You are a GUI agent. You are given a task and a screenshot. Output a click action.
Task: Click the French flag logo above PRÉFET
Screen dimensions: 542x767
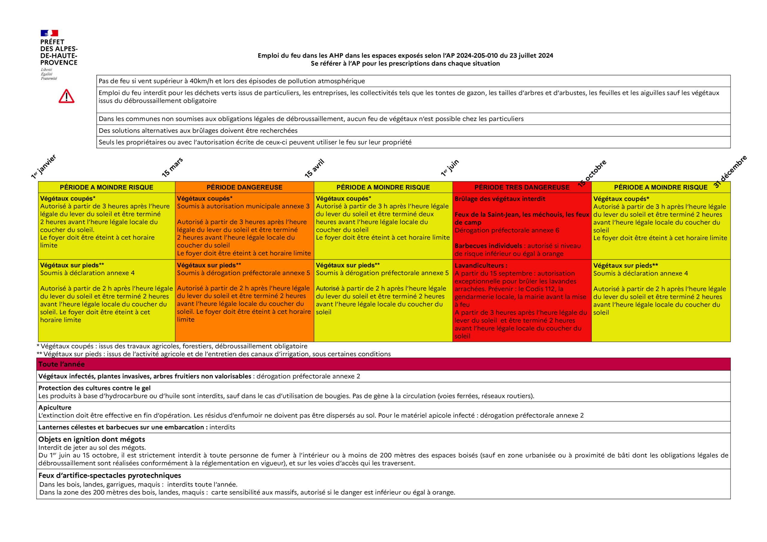[49, 33]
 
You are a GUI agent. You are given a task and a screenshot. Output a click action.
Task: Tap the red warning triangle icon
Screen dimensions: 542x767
[67, 96]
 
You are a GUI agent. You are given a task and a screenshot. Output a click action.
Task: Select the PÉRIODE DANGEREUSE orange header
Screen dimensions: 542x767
[244, 187]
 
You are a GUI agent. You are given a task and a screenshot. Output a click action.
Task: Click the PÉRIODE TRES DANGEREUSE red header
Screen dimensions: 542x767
[522, 187]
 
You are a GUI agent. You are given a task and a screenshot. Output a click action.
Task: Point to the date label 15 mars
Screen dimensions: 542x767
[172, 167]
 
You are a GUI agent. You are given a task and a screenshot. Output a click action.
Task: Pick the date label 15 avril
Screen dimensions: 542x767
[314, 168]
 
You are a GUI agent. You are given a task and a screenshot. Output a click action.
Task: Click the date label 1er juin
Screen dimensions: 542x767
[450, 168]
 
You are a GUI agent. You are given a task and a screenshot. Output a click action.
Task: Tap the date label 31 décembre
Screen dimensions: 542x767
[730, 171]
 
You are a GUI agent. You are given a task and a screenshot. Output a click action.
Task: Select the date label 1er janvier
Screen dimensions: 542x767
[43, 166]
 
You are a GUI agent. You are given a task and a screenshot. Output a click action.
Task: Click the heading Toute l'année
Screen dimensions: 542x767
[61, 364]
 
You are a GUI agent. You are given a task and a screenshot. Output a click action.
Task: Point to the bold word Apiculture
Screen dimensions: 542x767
[55, 408]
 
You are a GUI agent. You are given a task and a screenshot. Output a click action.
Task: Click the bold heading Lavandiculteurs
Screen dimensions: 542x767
[481, 266]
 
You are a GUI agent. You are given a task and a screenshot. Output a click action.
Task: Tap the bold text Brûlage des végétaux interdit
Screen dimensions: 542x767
[500, 199]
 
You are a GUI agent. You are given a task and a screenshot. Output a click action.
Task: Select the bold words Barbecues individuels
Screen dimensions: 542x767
[488, 246]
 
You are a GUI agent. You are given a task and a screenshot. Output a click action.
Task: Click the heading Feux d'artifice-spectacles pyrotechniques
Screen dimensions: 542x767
[110, 475]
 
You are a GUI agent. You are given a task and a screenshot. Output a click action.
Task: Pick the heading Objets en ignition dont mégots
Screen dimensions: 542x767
[92, 439]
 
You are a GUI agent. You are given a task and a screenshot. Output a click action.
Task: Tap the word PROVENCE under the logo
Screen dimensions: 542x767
[59, 63]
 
